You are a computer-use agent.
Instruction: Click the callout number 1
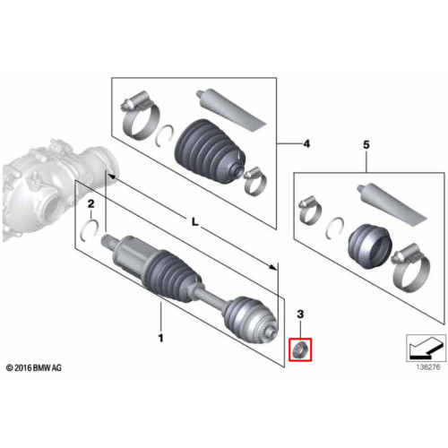tap(160, 338)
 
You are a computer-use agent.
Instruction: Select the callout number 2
tap(90, 204)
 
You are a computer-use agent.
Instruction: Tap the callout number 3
tap(300, 314)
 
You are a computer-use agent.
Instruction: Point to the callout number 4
tap(306, 144)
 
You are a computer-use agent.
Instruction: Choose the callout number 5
tap(366, 145)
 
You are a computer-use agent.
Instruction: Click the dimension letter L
tap(194, 221)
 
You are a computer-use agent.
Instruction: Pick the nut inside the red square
tap(300, 349)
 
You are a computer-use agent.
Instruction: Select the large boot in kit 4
tap(211, 151)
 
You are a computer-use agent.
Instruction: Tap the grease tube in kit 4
tap(230, 109)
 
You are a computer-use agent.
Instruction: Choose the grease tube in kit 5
tap(392, 203)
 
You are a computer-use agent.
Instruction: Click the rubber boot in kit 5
tap(370, 246)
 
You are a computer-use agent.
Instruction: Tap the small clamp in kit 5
tap(310, 211)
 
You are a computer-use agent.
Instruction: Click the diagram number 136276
tap(428, 366)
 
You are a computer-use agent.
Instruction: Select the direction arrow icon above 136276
tap(426, 348)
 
